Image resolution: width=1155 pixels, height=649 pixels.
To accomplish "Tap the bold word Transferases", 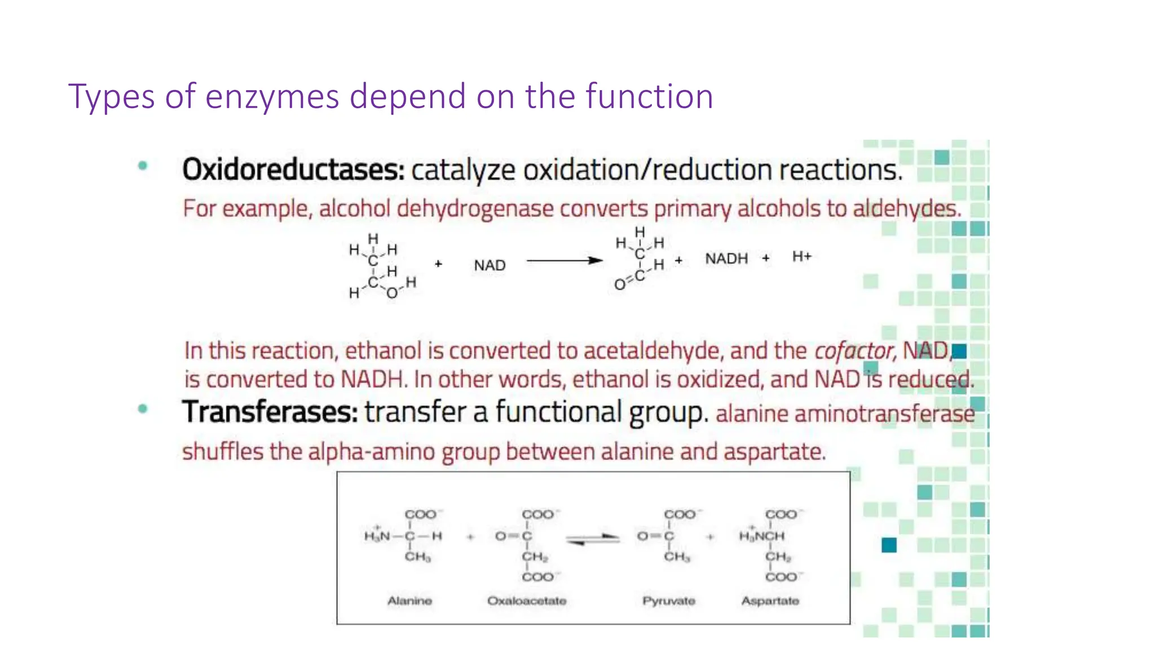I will click(270, 412).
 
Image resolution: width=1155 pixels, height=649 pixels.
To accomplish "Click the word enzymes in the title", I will click(272, 96).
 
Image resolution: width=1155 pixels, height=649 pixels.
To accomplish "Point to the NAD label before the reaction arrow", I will click(490, 265).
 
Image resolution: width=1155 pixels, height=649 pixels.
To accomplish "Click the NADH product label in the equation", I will click(726, 259).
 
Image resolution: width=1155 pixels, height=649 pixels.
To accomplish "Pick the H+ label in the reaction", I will click(801, 257).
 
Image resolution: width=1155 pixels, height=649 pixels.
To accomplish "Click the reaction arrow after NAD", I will click(564, 260).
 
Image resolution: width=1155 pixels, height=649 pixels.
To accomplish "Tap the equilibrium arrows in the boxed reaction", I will click(592, 539).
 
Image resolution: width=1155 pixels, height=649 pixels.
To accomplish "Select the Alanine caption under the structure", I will click(409, 601).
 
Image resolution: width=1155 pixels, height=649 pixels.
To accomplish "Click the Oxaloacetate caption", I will click(527, 601).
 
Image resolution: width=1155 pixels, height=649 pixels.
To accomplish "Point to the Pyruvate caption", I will click(669, 601).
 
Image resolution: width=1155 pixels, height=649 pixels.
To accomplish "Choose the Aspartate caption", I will click(770, 601).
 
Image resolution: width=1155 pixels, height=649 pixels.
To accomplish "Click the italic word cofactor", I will click(854, 351).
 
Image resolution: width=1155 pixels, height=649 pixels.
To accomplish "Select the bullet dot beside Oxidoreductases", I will click(143, 166).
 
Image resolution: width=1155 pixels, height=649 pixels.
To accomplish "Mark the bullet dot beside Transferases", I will click(143, 409).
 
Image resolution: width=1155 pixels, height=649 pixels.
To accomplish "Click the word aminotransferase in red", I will click(884, 414).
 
